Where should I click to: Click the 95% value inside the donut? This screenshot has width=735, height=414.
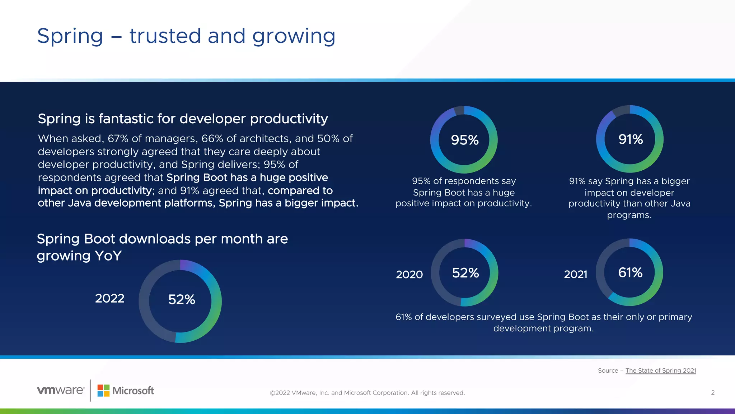pos(464,140)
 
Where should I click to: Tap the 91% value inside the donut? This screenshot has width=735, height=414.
pos(630,139)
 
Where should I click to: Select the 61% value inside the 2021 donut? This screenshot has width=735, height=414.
pos(630,272)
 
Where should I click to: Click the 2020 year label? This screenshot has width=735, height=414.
pos(409,275)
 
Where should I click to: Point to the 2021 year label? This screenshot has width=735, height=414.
pos(575,275)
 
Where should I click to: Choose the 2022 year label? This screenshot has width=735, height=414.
pos(109,298)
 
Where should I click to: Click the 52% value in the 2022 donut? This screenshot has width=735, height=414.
pos(182,299)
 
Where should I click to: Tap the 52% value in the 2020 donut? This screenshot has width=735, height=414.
pos(465,273)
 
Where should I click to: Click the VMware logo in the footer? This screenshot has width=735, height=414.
pos(61,390)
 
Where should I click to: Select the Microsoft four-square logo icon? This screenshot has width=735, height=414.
pos(103,391)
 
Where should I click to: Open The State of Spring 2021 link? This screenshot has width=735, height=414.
pos(660,371)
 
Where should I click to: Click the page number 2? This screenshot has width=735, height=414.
pos(713,392)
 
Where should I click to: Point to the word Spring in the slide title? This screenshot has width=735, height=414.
pos(70,37)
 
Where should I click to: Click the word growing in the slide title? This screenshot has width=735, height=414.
pos(294,37)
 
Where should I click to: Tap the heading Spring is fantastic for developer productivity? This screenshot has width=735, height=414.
pos(183,119)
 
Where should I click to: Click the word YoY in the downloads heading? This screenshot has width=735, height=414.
pos(108,256)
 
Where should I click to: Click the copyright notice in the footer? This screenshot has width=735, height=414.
pos(367,393)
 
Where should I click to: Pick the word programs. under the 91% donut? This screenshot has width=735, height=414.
pos(629,215)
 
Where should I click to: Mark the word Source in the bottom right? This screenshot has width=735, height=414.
pos(608,371)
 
